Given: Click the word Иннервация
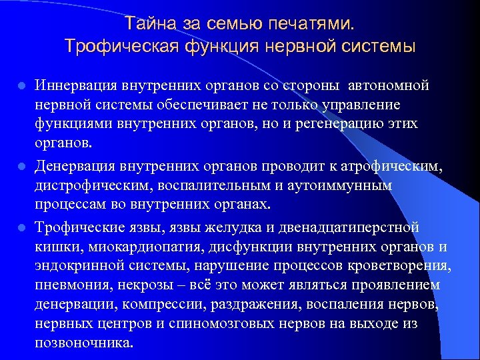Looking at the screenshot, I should click(x=78, y=87).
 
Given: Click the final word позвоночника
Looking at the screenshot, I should click(x=85, y=344).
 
